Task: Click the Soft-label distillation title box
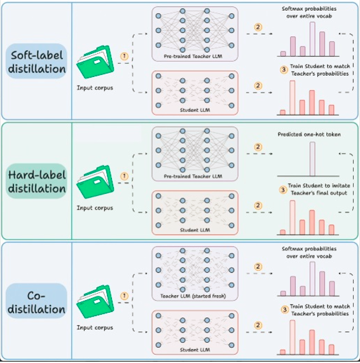pyautogui.click(x=37, y=61)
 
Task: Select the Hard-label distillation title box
pyautogui.click(x=37, y=181)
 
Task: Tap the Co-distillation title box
pyautogui.click(x=37, y=301)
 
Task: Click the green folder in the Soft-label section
pyautogui.click(x=95, y=62)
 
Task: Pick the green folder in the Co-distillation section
pyautogui.click(x=95, y=301)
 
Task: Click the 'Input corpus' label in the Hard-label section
pyautogui.click(x=95, y=208)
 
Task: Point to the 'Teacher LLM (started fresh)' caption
pyautogui.click(x=193, y=296)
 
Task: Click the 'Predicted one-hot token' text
pyautogui.click(x=309, y=135)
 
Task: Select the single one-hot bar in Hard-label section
pyautogui.click(x=312, y=159)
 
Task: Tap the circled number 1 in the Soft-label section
pyautogui.click(x=125, y=56)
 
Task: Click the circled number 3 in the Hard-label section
pyautogui.click(x=283, y=190)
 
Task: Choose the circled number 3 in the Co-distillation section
pyautogui.click(x=284, y=310)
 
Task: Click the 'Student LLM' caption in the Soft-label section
pyautogui.click(x=195, y=110)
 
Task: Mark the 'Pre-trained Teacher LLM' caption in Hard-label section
pyautogui.click(x=193, y=176)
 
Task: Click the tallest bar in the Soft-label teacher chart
pyautogui.click(x=312, y=39)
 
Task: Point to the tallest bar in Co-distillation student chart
pyautogui.click(x=293, y=338)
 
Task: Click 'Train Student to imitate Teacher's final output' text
pyautogui.click(x=319, y=189)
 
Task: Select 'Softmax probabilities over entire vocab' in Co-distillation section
pyautogui.click(x=309, y=252)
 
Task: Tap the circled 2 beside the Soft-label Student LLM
pyautogui.click(x=258, y=86)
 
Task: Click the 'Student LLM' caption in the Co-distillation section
pyautogui.click(x=195, y=350)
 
